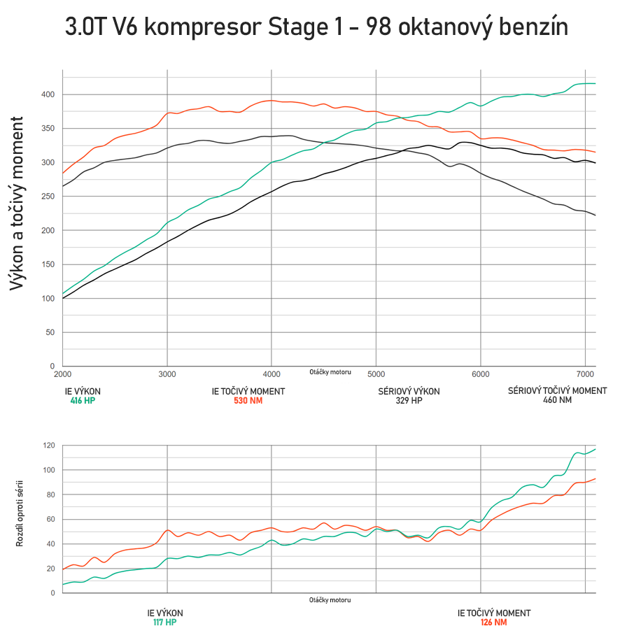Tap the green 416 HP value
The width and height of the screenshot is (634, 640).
point(83,401)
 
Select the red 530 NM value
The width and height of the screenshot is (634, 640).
point(248,401)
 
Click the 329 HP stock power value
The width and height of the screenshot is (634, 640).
point(409,401)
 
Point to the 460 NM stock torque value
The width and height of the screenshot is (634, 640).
point(557,401)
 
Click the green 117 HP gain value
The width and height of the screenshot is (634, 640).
point(165,622)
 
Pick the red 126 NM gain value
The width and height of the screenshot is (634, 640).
point(493,622)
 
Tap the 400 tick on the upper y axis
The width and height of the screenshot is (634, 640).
point(48,94)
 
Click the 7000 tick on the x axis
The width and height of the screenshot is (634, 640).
point(585,374)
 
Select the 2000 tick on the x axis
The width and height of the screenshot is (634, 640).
point(62,374)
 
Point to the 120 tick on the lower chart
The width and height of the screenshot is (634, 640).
point(48,446)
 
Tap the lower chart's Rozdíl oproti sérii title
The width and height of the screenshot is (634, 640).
point(20,513)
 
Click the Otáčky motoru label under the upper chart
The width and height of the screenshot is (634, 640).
point(330,372)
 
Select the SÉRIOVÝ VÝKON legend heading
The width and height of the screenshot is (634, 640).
point(409,392)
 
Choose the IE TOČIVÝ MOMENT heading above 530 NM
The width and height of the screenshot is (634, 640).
point(248,392)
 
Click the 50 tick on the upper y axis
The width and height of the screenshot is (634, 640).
point(50,332)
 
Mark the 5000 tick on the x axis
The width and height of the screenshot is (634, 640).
point(376,374)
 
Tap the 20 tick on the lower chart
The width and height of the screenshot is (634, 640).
point(50,569)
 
